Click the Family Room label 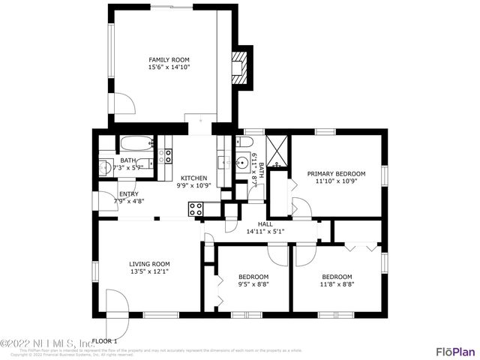(x=168, y=59)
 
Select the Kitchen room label (x=194, y=178)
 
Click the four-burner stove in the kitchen (x=196, y=210)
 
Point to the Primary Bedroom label (x=336, y=173)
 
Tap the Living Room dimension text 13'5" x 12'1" (x=149, y=272)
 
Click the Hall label (x=265, y=223)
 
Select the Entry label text (x=128, y=193)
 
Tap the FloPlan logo (x=455, y=351)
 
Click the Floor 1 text (x=104, y=341)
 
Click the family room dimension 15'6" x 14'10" (x=168, y=67)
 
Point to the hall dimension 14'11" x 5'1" (x=265, y=232)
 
